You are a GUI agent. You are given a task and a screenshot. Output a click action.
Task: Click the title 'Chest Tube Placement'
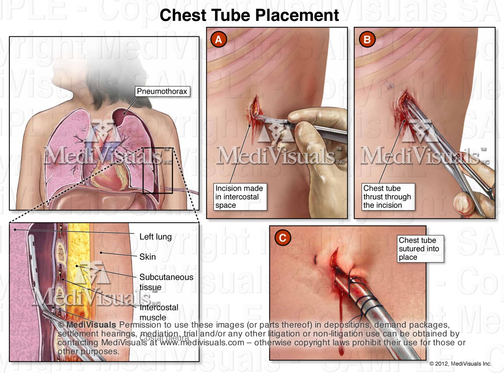(x=249, y=15)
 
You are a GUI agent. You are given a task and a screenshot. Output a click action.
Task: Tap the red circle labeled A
(x=218, y=40)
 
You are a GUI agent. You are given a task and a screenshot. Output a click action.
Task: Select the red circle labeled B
(x=367, y=40)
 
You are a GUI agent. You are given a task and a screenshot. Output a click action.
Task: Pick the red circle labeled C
(x=283, y=238)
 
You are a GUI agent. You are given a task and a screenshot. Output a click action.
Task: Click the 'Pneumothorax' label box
(x=162, y=92)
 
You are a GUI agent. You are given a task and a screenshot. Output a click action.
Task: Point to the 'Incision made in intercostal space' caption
(x=239, y=197)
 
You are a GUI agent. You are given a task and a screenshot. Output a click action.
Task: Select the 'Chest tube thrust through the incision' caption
(x=387, y=197)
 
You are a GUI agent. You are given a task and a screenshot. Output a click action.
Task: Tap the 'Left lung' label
(x=156, y=237)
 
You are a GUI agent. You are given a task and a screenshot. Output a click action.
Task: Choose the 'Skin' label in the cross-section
(x=147, y=257)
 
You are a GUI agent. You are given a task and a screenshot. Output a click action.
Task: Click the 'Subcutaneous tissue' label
(x=166, y=282)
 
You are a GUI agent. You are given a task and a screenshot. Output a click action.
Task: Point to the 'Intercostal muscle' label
(x=159, y=312)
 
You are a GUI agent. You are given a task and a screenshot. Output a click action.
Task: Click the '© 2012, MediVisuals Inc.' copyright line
(x=460, y=364)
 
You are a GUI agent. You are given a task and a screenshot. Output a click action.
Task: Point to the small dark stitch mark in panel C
(x=315, y=259)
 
